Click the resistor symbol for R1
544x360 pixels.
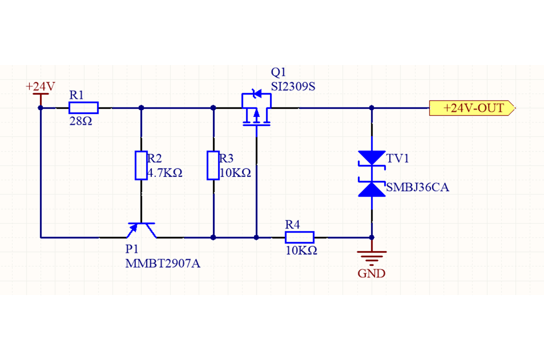point(83,107)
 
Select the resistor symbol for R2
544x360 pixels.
point(141,165)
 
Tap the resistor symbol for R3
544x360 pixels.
point(213,165)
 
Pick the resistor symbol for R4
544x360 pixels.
point(299,237)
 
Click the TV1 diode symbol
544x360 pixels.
point(372,173)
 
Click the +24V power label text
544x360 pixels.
point(40,86)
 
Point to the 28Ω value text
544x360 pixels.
point(80,121)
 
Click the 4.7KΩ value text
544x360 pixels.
point(165,173)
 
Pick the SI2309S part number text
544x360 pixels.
point(293,86)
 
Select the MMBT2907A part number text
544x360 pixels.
point(163,263)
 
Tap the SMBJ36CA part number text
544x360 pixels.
point(417,188)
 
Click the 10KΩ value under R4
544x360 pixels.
point(301,251)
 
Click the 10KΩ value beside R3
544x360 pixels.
point(235,173)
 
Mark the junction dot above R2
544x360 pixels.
point(141,107)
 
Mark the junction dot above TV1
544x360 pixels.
point(372,107)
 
